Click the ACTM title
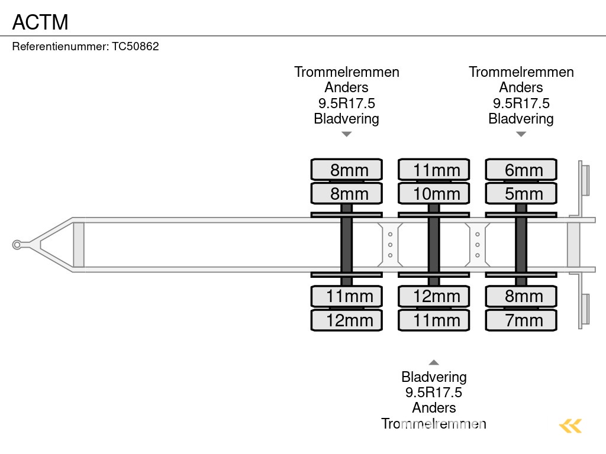(40, 22)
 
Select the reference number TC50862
(136, 47)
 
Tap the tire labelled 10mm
(434, 193)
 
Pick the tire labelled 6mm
(521, 170)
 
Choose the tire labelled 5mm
(521, 193)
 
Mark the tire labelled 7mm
(521, 320)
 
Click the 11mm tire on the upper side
(434, 170)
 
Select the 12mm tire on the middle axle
(434, 296)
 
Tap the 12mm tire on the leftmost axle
(347, 320)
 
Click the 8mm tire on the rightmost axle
(521, 296)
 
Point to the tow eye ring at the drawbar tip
(17, 245)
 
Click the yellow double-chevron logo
(570, 426)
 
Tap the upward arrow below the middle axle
(434, 362)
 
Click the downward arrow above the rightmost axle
(521, 134)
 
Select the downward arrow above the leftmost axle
(347, 134)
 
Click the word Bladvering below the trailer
(434, 377)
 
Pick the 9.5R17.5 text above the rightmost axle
(521, 103)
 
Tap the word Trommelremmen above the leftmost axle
(347, 72)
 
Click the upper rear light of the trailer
(585, 180)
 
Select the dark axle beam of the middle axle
(434, 245)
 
